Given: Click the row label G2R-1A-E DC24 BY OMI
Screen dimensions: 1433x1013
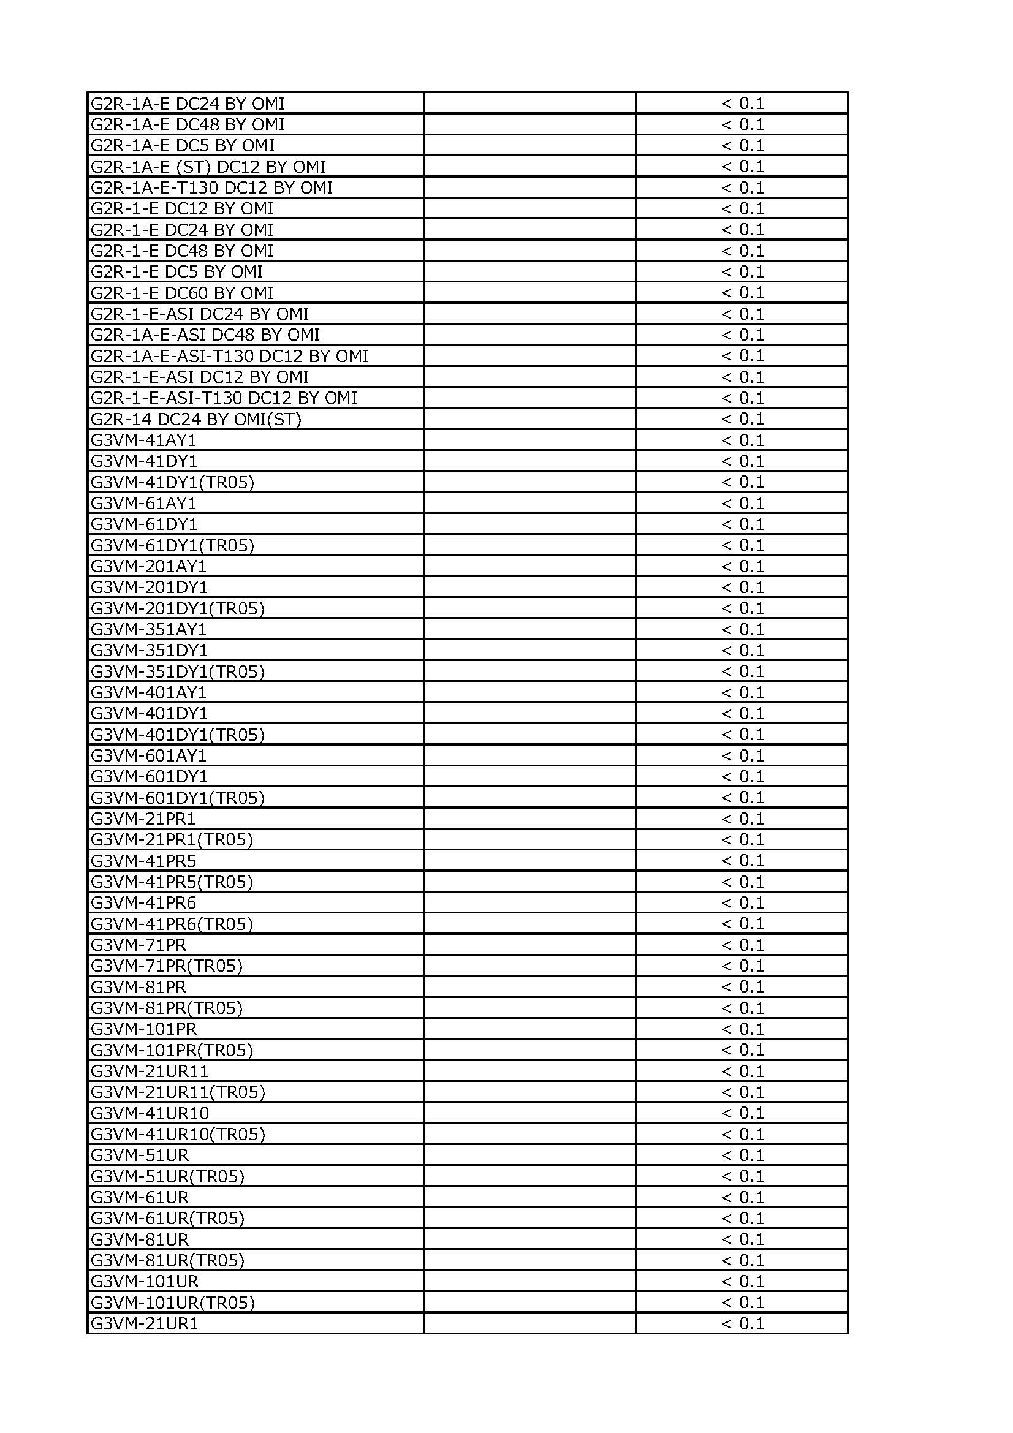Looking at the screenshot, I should tap(188, 104).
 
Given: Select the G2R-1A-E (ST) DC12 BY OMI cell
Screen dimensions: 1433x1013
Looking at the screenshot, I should tap(208, 167).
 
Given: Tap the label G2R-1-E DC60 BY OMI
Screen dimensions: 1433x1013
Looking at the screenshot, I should tap(182, 293).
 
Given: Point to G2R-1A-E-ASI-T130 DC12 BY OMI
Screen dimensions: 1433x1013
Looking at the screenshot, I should tap(229, 356).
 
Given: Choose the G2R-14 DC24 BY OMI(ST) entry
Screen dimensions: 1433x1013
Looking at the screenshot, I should tap(196, 419).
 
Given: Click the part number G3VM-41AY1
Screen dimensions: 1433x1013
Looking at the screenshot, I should tap(143, 440).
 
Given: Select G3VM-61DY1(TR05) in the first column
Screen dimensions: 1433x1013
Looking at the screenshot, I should tap(172, 545).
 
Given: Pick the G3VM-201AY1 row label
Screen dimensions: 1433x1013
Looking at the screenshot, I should tap(148, 566).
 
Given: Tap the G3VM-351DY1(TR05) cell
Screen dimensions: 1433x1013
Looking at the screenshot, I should tap(177, 671).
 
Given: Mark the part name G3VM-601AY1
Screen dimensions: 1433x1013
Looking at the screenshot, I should tap(148, 756).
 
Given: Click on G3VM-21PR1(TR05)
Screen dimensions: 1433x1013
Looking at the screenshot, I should tap(172, 839).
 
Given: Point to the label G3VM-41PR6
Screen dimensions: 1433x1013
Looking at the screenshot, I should tap(143, 902).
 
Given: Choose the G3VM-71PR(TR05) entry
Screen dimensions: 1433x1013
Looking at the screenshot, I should tap(167, 966).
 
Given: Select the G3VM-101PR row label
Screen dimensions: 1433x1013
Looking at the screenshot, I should tap(143, 1029).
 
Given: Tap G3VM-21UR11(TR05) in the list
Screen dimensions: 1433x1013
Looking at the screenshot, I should tap(178, 1092).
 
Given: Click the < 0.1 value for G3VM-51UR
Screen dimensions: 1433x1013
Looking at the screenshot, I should tap(742, 1155).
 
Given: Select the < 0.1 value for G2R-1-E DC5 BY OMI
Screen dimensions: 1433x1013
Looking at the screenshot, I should tap(742, 272).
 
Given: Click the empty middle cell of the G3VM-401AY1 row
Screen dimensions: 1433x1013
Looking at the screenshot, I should tap(529, 693).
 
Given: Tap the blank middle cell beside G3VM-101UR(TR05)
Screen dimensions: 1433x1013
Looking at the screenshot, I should tap(529, 1303).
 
